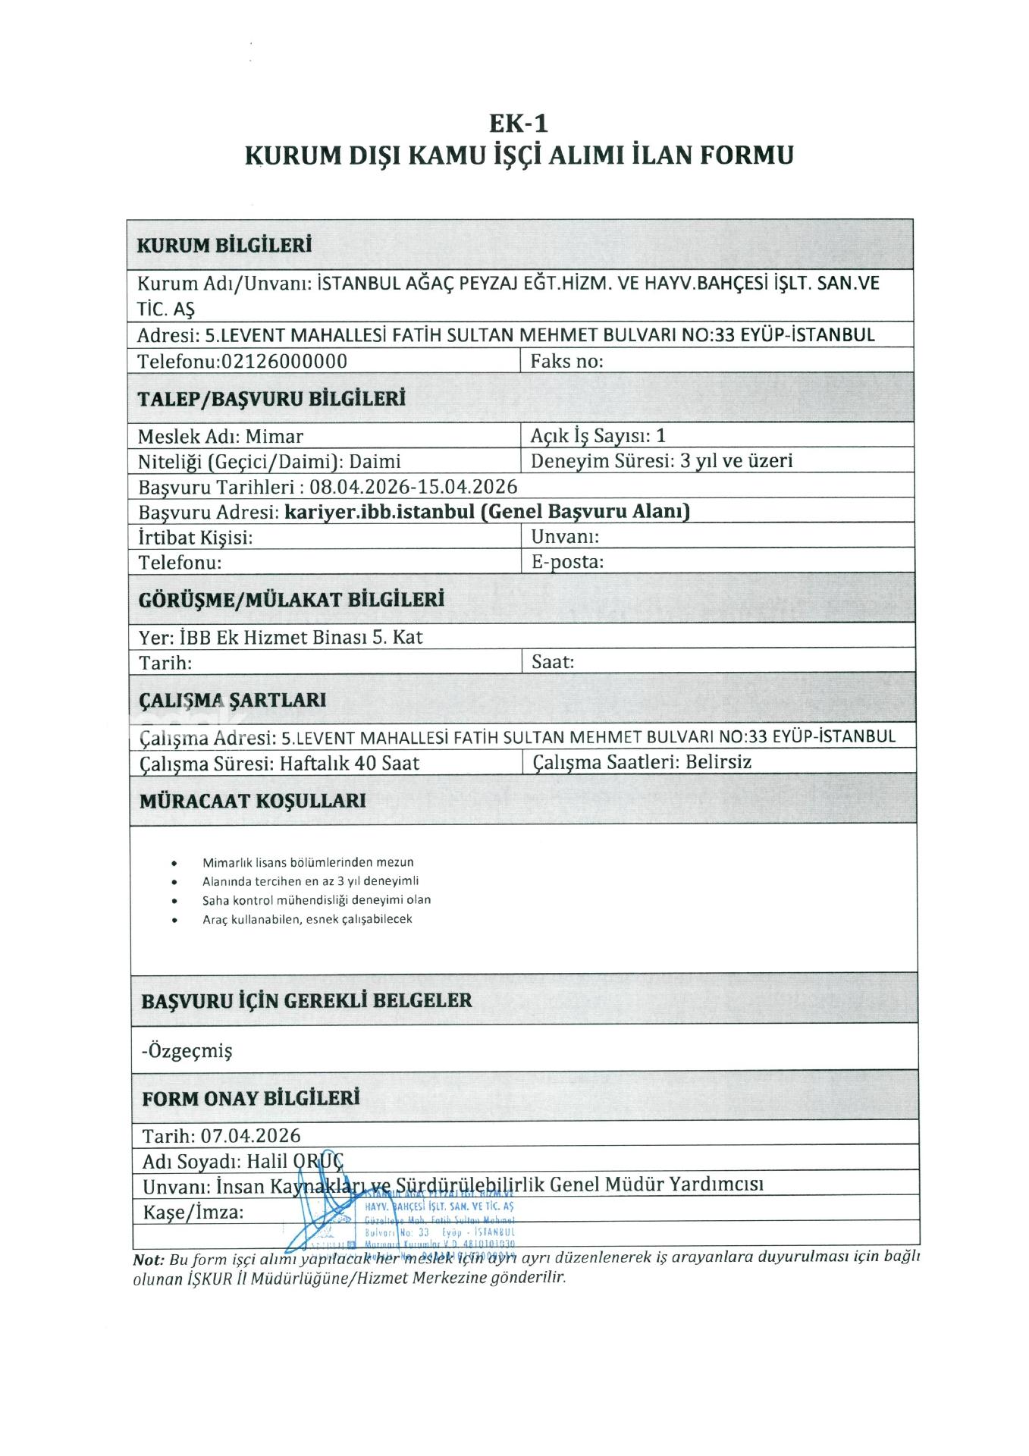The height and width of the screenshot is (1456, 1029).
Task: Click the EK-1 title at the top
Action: tap(518, 122)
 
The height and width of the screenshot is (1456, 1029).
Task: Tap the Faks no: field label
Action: tap(566, 361)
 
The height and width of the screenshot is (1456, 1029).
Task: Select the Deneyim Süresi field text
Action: tap(661, 461)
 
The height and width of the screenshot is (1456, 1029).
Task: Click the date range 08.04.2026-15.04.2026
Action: tap(413, 487)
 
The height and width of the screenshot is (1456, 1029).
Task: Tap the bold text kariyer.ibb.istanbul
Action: tap(379, 512)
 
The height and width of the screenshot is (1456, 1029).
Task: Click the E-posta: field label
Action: tap(567, 562)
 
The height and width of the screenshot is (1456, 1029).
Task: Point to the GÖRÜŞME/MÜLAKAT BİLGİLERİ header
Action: tap(291, 600)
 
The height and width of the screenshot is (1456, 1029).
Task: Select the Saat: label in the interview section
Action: tap(553, 662)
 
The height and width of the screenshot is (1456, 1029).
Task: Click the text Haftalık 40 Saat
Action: tap(350, 763)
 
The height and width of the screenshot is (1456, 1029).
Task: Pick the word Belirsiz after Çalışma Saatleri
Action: tap(718, 762)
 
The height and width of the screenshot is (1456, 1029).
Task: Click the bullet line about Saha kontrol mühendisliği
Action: tap(316, 900)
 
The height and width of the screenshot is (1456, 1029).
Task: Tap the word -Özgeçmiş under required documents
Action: tap(187, 1051)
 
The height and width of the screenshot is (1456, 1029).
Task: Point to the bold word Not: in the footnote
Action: tap(149, 1260)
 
